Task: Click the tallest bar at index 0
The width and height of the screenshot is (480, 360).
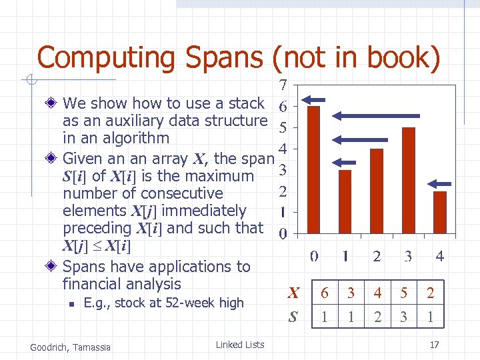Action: [x=313, y=169]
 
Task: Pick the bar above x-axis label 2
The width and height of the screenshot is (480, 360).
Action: [x=377, y=191]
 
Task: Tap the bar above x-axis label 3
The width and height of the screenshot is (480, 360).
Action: [x=408, y=180]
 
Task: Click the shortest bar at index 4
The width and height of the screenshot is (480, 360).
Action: [x=440, y=212]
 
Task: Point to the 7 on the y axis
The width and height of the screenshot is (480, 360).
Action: [x=283, y=85]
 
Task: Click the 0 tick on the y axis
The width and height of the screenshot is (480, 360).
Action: [x=283, y=234]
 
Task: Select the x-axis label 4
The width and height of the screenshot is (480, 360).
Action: [x=440, y=256]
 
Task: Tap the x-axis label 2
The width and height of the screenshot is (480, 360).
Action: [x=377, y=256]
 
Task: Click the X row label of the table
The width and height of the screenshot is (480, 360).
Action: [x=293, y=293]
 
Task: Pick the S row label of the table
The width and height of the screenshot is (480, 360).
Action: [x=293, y=317]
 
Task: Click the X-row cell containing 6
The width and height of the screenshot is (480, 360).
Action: [x=325, y=293]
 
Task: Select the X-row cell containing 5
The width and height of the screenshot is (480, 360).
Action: [x=403, y=293]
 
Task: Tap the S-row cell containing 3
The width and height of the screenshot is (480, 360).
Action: [x=403, y=317]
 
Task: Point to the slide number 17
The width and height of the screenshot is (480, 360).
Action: [x=434, y=345]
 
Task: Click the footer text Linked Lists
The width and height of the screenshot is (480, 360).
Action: [x=240, y=345]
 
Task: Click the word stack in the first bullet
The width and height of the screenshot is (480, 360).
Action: [x=247, y=103]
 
